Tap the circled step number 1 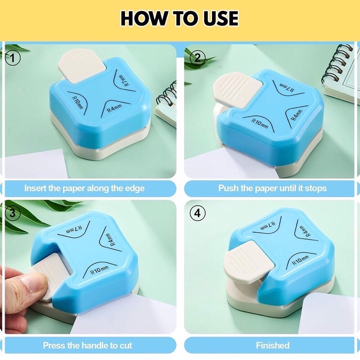[14, 58]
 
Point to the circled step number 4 [197, 214]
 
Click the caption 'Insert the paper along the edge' [84, 188]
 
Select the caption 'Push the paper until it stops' [272, 188]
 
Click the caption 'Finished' [272, 346]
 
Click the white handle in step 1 [81, 67]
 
